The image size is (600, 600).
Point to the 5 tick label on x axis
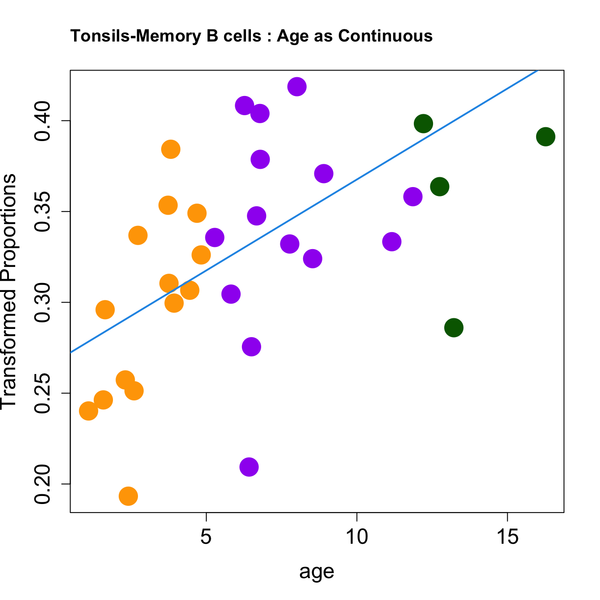tap(206, 537)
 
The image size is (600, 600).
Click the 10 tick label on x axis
tap(357, 537)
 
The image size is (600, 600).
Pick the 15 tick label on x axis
tap(508, 537)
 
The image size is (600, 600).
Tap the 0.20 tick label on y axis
tap(43, 484)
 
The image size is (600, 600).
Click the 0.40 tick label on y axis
tap(43, 121)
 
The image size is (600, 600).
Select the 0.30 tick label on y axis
tap(43, 302)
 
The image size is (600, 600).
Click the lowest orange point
tap(128, 496)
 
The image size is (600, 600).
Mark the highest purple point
tap(297, 86)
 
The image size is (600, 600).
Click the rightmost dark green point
tap(546, 137)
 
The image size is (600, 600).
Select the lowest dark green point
tap(454, 328)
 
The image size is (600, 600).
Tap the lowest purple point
tap(249, 467)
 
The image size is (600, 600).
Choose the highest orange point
tap(171, 149)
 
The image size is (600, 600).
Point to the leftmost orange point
tap(88, 411)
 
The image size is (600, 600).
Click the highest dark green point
tap(423, 123)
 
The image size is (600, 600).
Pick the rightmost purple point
tap(413, 196)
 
